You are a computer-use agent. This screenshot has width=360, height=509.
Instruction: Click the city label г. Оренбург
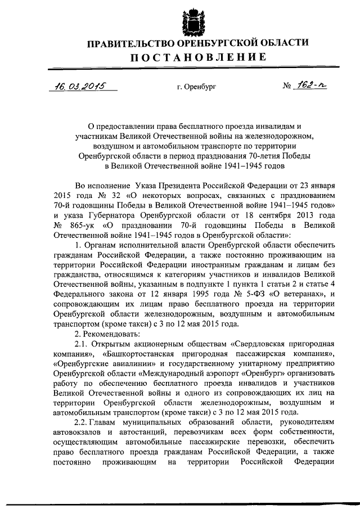(x=196, y=88)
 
